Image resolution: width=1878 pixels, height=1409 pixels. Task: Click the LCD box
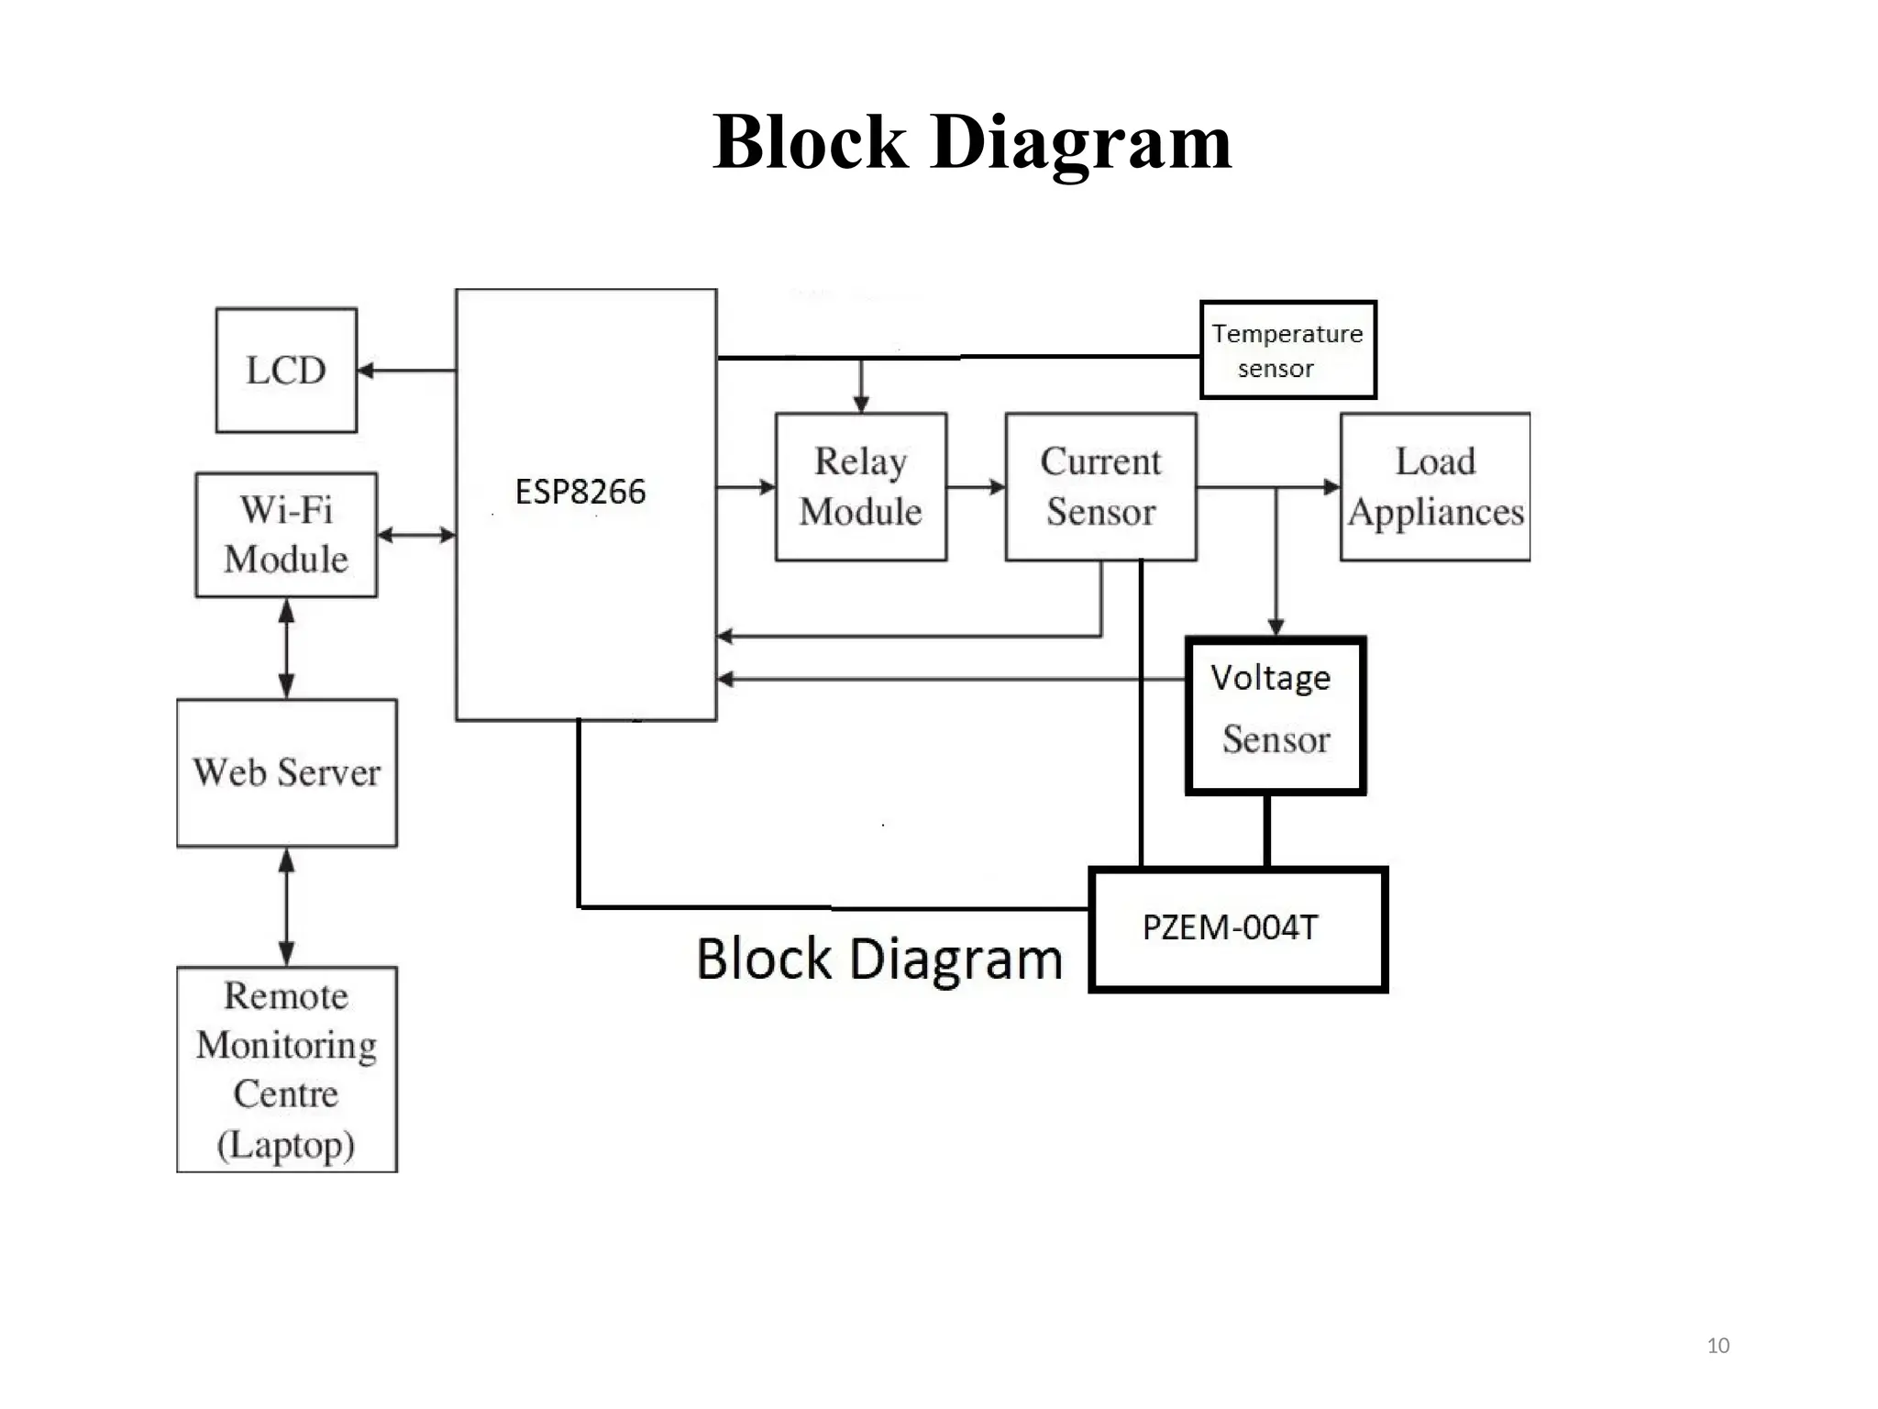click(286, 370)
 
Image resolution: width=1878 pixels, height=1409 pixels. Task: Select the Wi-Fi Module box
click(286, 535)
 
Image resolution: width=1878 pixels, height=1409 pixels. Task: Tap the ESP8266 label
click(580, 493)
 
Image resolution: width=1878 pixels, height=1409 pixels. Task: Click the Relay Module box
click(860, 486)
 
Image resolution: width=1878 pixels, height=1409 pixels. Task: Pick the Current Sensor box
click(1100, 486)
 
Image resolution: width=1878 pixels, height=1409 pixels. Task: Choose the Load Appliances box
click(1435, 486)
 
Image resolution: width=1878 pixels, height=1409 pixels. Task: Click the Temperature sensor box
click(1287, 349)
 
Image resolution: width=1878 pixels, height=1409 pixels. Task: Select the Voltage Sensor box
click(1276, 715)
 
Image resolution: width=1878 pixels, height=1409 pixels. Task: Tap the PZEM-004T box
click(1238, 928)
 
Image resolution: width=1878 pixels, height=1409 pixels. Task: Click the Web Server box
click(286, 772)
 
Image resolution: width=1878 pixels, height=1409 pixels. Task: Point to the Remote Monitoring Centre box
click(286, 1069)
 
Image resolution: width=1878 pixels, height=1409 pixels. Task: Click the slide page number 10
click(1718, 1346)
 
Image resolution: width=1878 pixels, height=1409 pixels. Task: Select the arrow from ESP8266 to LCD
click(406, 371)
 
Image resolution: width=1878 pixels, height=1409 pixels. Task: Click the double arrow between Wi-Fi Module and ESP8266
click(416, 535)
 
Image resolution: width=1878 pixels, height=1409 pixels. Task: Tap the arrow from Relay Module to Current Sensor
click(977, 487)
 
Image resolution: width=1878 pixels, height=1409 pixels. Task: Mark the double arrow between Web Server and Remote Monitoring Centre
click(286, 906)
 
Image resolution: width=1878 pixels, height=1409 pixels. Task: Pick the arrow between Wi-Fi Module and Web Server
click(286, 649)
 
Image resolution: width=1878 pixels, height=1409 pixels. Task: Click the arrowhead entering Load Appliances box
click(1332, 487)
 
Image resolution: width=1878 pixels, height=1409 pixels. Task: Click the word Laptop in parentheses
click(286, 1145)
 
